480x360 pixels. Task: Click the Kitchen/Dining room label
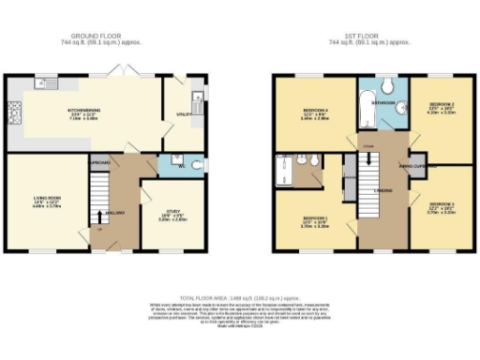(84, 111)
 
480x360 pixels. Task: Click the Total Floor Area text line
(240, 294)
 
